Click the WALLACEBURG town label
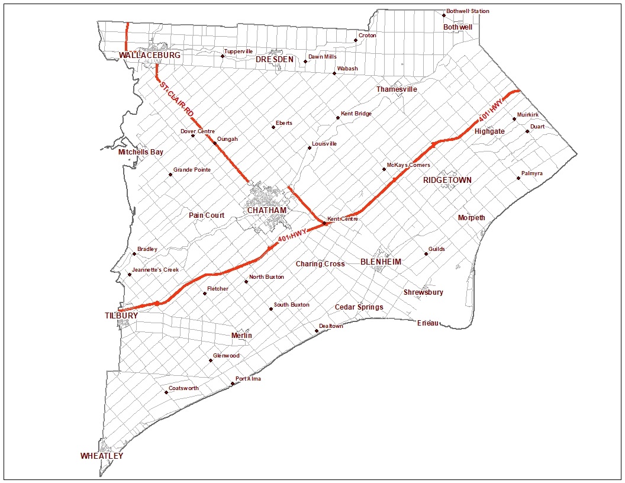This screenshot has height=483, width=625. click(x=149, y=55)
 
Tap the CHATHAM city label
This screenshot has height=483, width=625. click(x=267, y=210)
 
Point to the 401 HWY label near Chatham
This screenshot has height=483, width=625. click(x=291, y=235)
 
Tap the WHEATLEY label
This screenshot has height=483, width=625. click(x=102, y=456)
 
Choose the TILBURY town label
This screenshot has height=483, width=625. click(x=121, y=315)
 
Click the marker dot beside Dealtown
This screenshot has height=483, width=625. click(x=317, y=331)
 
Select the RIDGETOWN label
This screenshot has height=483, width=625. click(x=447, y=180)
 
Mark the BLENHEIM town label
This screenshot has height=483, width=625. click(x=381, y=262)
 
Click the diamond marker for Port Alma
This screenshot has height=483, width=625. click(x=233, y=384)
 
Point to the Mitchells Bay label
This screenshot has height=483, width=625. click(x=141, y=152)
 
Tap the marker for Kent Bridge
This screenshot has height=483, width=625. click(x=338, y=118)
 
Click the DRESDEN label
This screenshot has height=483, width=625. click(x=275, y=60)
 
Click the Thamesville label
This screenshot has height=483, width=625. click(x=397, y=89)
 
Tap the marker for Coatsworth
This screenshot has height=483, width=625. click(x=166, y=392)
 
